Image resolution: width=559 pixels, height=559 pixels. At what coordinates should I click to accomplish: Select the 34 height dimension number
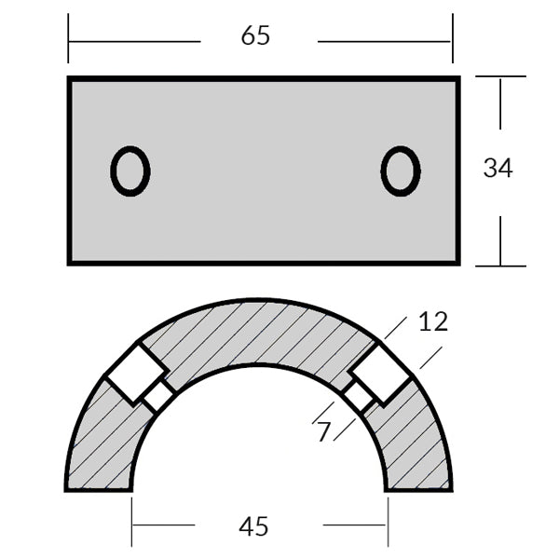[498, 168]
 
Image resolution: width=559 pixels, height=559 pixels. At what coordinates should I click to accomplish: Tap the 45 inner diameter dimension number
[253, 526]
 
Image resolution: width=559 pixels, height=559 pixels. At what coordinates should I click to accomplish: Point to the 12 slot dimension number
[432, 321]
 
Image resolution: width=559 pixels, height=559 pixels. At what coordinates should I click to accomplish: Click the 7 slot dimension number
[323, 432]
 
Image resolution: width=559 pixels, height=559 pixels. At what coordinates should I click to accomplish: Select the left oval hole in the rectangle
[130, 171]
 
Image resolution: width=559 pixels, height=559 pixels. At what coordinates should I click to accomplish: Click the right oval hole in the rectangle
[401, 171]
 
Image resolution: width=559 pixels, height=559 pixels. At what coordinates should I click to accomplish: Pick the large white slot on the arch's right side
[381, 372]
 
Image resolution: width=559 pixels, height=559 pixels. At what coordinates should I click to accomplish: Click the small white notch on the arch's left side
[157, 397]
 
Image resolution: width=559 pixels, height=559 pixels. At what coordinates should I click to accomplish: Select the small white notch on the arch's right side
[360, 397]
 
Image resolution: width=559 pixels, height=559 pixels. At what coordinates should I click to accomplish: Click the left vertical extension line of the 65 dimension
[68, 37]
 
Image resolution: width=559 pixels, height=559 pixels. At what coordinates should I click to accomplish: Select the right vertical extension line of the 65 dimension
[452, 37]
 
